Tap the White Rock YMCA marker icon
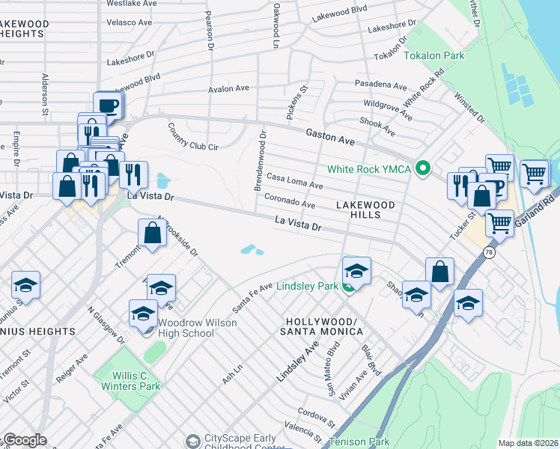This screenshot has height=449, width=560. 423,169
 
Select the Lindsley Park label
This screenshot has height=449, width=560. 308,286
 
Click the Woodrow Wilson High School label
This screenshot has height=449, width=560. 197,328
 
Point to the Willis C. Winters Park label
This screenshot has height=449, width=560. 127,381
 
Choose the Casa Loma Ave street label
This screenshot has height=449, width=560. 295,181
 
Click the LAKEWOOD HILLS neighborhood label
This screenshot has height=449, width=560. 358,209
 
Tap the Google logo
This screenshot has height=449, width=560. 24,440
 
